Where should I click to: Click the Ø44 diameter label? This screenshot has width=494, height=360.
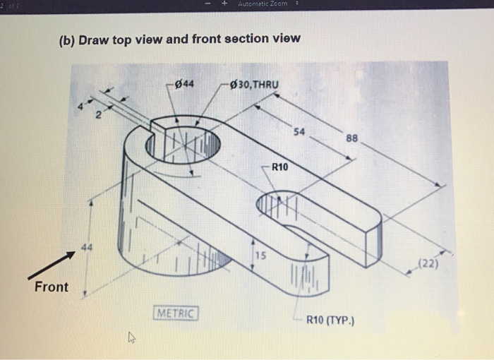point(185,85)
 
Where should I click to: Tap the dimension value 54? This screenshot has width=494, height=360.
point(299,132)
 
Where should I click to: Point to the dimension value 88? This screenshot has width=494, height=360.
point(352,139)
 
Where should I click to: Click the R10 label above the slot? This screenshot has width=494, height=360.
point(280,167)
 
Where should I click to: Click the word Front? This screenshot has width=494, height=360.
point(52,287)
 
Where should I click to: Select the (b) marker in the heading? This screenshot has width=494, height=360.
point(66,38)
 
